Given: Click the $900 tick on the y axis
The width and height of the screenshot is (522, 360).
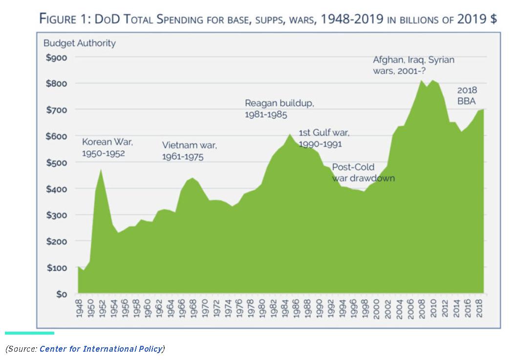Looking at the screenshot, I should click(x=57, y=57).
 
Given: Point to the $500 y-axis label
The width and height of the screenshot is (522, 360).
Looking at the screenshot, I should click(x=57, y=163).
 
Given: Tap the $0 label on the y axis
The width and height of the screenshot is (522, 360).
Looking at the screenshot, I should click(x=62, y=294).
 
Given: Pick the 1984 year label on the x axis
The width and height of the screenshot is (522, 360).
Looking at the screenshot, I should click(x=285, y=310).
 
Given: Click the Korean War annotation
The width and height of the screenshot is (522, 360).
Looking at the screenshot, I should click(x=107, y=148).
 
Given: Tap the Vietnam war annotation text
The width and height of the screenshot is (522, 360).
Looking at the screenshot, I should click(x=189, y=151).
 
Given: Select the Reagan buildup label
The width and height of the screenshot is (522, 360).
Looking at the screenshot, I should click(x=279, y=109).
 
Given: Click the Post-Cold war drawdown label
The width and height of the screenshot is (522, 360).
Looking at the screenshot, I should click(x=363, y=172).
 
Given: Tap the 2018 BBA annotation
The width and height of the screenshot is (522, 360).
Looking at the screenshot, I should click(x=467, y=96).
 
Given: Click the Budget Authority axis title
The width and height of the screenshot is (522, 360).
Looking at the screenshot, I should click(x=80, y=43).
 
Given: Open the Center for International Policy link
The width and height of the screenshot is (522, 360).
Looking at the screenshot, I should click(x=101, y=348).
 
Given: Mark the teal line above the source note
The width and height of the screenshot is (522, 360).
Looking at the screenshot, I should click(x=29, y=333).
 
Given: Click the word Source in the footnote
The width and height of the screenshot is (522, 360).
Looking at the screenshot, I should click(x=22, y=348).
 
